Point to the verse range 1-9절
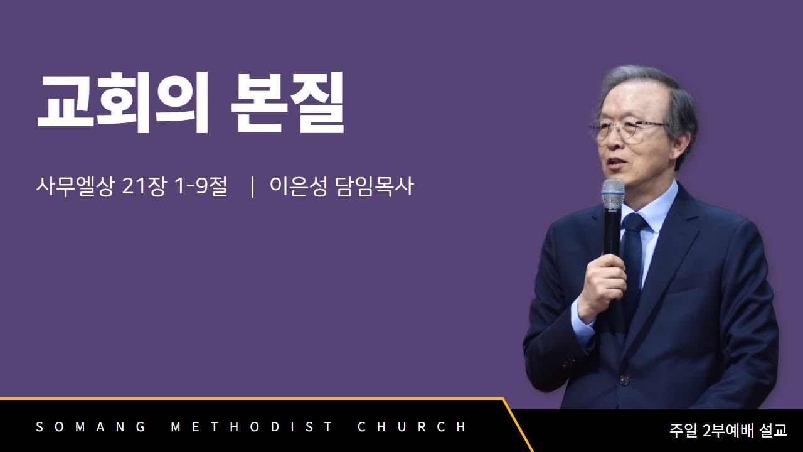pos(200,186)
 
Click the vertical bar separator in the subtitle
pos(253,186)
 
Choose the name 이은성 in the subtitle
pos(299,186)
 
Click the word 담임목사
pos(375,186)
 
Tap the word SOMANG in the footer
pos(91,427)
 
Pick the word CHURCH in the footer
pos(412,427)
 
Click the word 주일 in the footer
pos(683,430)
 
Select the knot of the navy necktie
pos(634,222)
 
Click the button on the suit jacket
pos(624,380)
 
